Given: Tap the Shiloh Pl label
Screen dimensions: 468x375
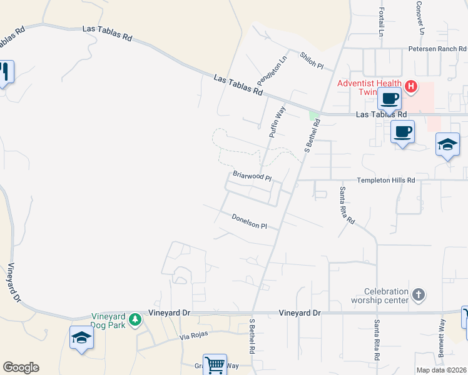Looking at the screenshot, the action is (x=311, y=61).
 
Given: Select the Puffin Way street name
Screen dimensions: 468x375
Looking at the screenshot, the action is (x=277, y=122).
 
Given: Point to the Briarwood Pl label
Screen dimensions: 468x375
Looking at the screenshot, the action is (x=252, y=176).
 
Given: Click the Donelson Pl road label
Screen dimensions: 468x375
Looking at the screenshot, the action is (x=249, y=221).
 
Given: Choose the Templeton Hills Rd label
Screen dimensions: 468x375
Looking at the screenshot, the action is (x=386, y=180).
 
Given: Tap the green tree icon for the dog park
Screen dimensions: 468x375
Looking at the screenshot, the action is (x=135, y=321).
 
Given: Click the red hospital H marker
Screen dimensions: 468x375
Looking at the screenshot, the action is (x=411, y=86).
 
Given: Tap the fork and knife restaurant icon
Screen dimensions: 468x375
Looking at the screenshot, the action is (x=5, y=72).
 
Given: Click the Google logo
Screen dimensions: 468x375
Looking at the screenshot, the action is (x=21, y=367).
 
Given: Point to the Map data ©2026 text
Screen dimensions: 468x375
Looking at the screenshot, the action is (x=441, y=370).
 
